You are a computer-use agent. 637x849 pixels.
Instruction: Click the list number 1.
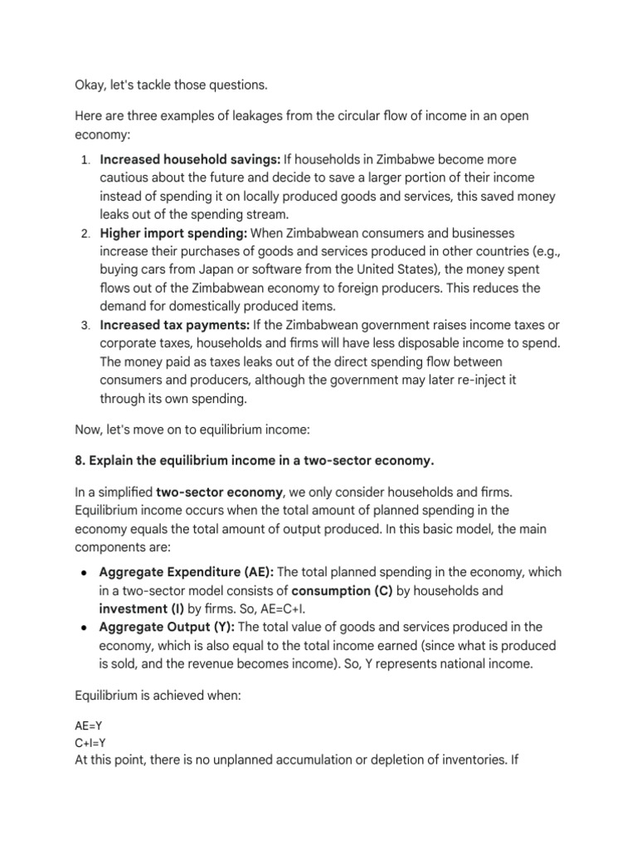tap(85, 159)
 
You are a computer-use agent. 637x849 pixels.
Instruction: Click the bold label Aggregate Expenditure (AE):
tap(186, 572)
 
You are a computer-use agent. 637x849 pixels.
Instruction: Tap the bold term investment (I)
tap(136, 609)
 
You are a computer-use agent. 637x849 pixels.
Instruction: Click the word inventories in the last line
tap(464, 759)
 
